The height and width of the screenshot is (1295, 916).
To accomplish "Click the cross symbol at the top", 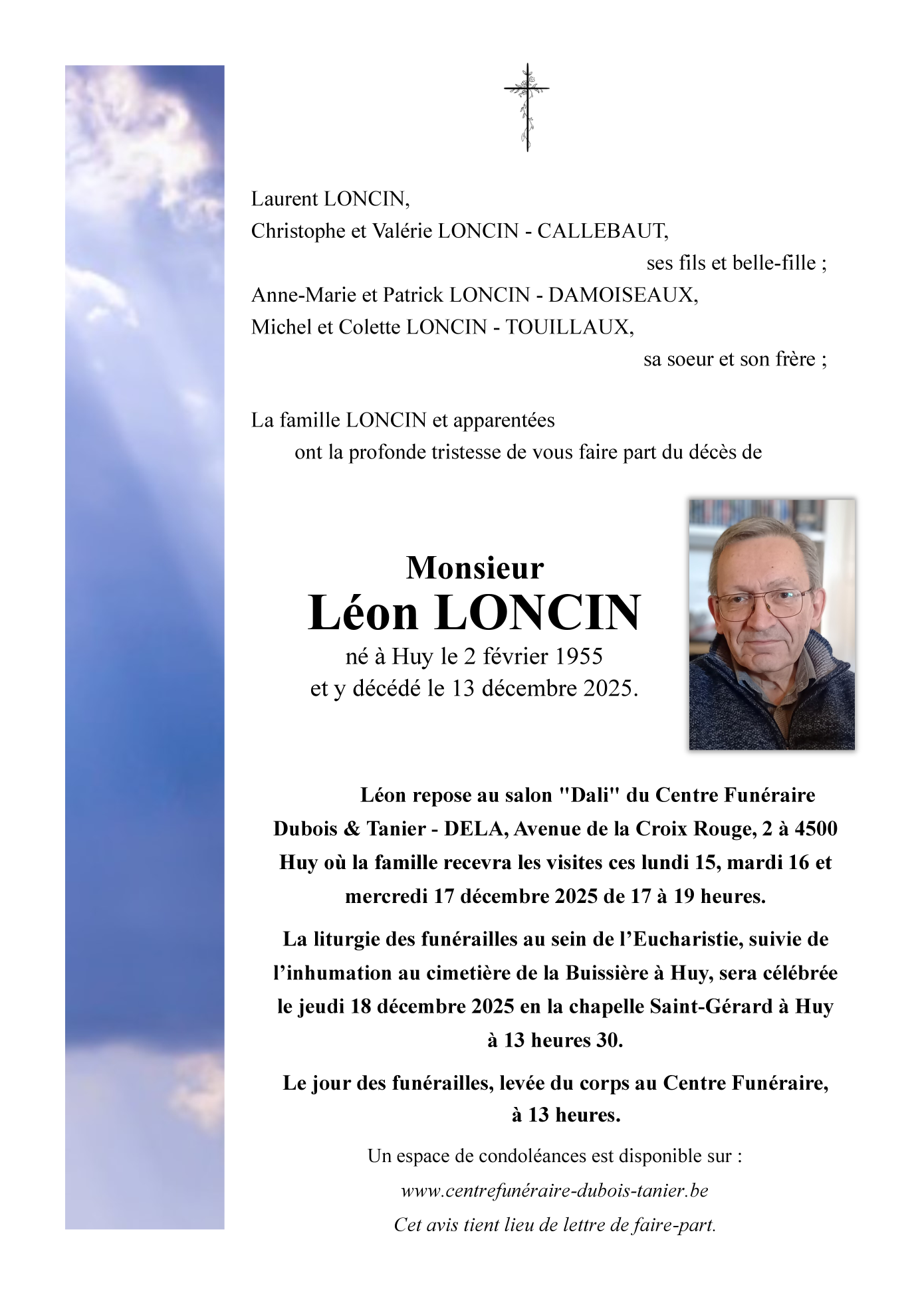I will [x=526, y=107].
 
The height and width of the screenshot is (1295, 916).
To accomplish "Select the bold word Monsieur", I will [x=475, y=568].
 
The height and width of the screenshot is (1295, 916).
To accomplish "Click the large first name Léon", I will [x=363, y=613].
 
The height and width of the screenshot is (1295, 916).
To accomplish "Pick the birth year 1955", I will [x=578, y=656].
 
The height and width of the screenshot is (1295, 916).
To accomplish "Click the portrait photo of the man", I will [x=772, y=625].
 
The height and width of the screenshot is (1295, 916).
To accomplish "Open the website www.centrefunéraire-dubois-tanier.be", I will [x=554, y=1191].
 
